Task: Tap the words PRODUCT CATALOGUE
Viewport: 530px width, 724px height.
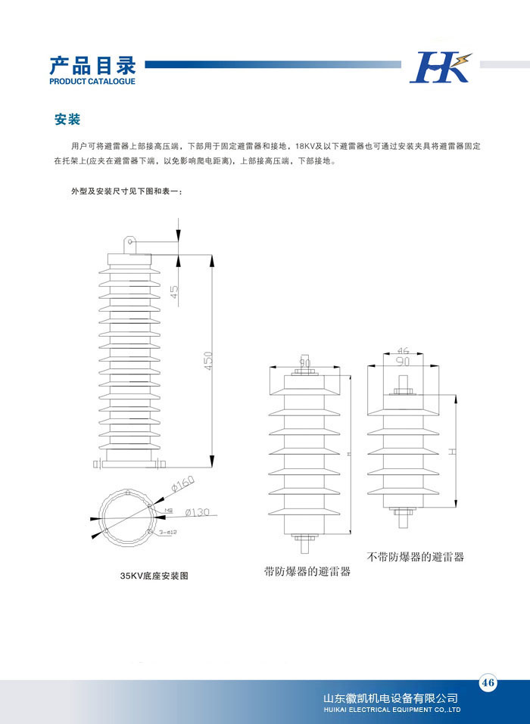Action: coord(92,81)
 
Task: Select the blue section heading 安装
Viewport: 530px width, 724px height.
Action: coord(67,120)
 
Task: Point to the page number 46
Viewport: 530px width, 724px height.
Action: coord(488,683)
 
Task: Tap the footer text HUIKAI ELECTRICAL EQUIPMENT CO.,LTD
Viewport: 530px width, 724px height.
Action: coord(391,710)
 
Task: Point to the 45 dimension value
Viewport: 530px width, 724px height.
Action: coord(175,291)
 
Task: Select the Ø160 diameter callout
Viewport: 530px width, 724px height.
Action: coord(182,482)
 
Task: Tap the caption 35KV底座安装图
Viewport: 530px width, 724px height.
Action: coord(154,576)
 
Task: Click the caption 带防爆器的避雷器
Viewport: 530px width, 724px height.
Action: coord(307,572)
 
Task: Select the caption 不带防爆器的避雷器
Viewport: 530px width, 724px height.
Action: coord(415,557)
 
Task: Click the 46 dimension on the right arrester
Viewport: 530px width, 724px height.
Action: coord(403,351)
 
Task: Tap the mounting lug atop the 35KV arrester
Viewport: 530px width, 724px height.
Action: coord(129,244)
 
